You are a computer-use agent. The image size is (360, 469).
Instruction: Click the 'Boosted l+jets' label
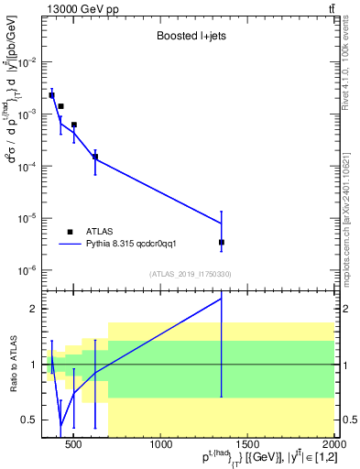(x=190, y=38)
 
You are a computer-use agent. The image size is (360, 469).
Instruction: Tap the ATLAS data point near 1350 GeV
(x=222, y=242)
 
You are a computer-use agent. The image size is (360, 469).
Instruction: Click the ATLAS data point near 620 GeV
(x=95, y=157)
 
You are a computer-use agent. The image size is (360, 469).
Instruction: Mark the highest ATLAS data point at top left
(x=51, y=95)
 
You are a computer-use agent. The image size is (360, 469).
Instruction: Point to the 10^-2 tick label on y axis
(x=30, y=62)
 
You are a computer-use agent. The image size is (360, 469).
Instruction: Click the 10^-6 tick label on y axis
(x=30, y=270)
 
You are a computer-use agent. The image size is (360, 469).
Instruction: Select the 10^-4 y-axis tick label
(x=30, y=167)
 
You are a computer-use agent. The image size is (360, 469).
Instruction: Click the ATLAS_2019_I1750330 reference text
(x=190, y=274)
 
